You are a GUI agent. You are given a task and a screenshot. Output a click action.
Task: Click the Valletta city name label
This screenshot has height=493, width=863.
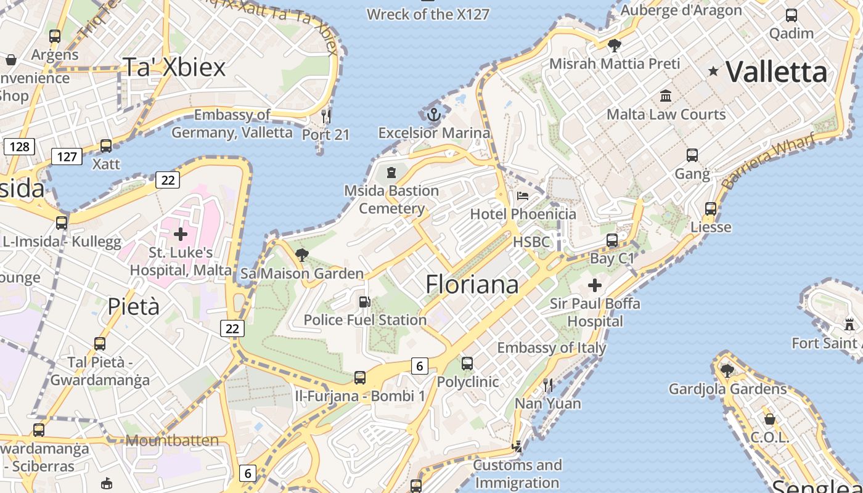tap(776, 72)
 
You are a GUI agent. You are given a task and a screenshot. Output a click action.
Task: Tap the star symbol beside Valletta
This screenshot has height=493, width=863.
tap(713, 71)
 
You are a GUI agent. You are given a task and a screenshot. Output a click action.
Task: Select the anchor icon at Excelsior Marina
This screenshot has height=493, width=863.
tap(435, 114)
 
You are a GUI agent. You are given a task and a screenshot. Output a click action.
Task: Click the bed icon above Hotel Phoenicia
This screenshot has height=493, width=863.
tap(523, 196)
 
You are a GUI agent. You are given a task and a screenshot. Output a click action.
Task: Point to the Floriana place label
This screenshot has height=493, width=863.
tap(472, 284)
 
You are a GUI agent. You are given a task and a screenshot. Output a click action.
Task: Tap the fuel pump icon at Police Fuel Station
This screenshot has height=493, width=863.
tap(365, 302)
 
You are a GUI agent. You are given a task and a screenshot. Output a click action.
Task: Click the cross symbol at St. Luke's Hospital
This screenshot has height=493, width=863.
tap(181, 234)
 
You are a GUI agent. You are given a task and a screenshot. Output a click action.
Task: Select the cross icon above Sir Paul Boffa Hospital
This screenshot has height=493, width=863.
tap(595, 285)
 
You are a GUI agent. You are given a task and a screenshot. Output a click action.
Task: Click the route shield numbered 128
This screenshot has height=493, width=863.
tap(20, 147)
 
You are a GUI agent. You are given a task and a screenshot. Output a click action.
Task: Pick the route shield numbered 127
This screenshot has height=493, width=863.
tap(67, 157)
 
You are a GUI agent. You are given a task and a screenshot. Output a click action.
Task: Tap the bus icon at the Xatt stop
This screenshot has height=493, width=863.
tap(106, 146)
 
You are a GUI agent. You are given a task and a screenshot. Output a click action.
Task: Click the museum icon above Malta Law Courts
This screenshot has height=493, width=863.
tap(666, 96)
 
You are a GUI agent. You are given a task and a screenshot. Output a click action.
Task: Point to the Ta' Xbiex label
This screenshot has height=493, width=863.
tap(174, 67)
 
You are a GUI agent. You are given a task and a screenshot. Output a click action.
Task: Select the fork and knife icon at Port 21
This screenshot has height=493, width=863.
tap(326, 116)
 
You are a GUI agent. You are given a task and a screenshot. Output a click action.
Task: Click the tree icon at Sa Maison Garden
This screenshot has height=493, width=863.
tap(302, 255)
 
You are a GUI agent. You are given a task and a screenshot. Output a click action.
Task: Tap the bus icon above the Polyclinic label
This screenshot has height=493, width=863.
tap(467, 364)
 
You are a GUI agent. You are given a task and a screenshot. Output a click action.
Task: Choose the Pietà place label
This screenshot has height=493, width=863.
tap(133, 306)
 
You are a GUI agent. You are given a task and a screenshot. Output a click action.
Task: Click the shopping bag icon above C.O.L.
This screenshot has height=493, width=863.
tap(769, 419)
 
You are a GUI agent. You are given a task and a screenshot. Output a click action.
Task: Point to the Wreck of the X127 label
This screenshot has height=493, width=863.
tap(428, 14)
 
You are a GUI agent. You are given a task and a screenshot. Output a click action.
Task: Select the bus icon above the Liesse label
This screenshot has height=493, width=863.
tap(711, 209)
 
